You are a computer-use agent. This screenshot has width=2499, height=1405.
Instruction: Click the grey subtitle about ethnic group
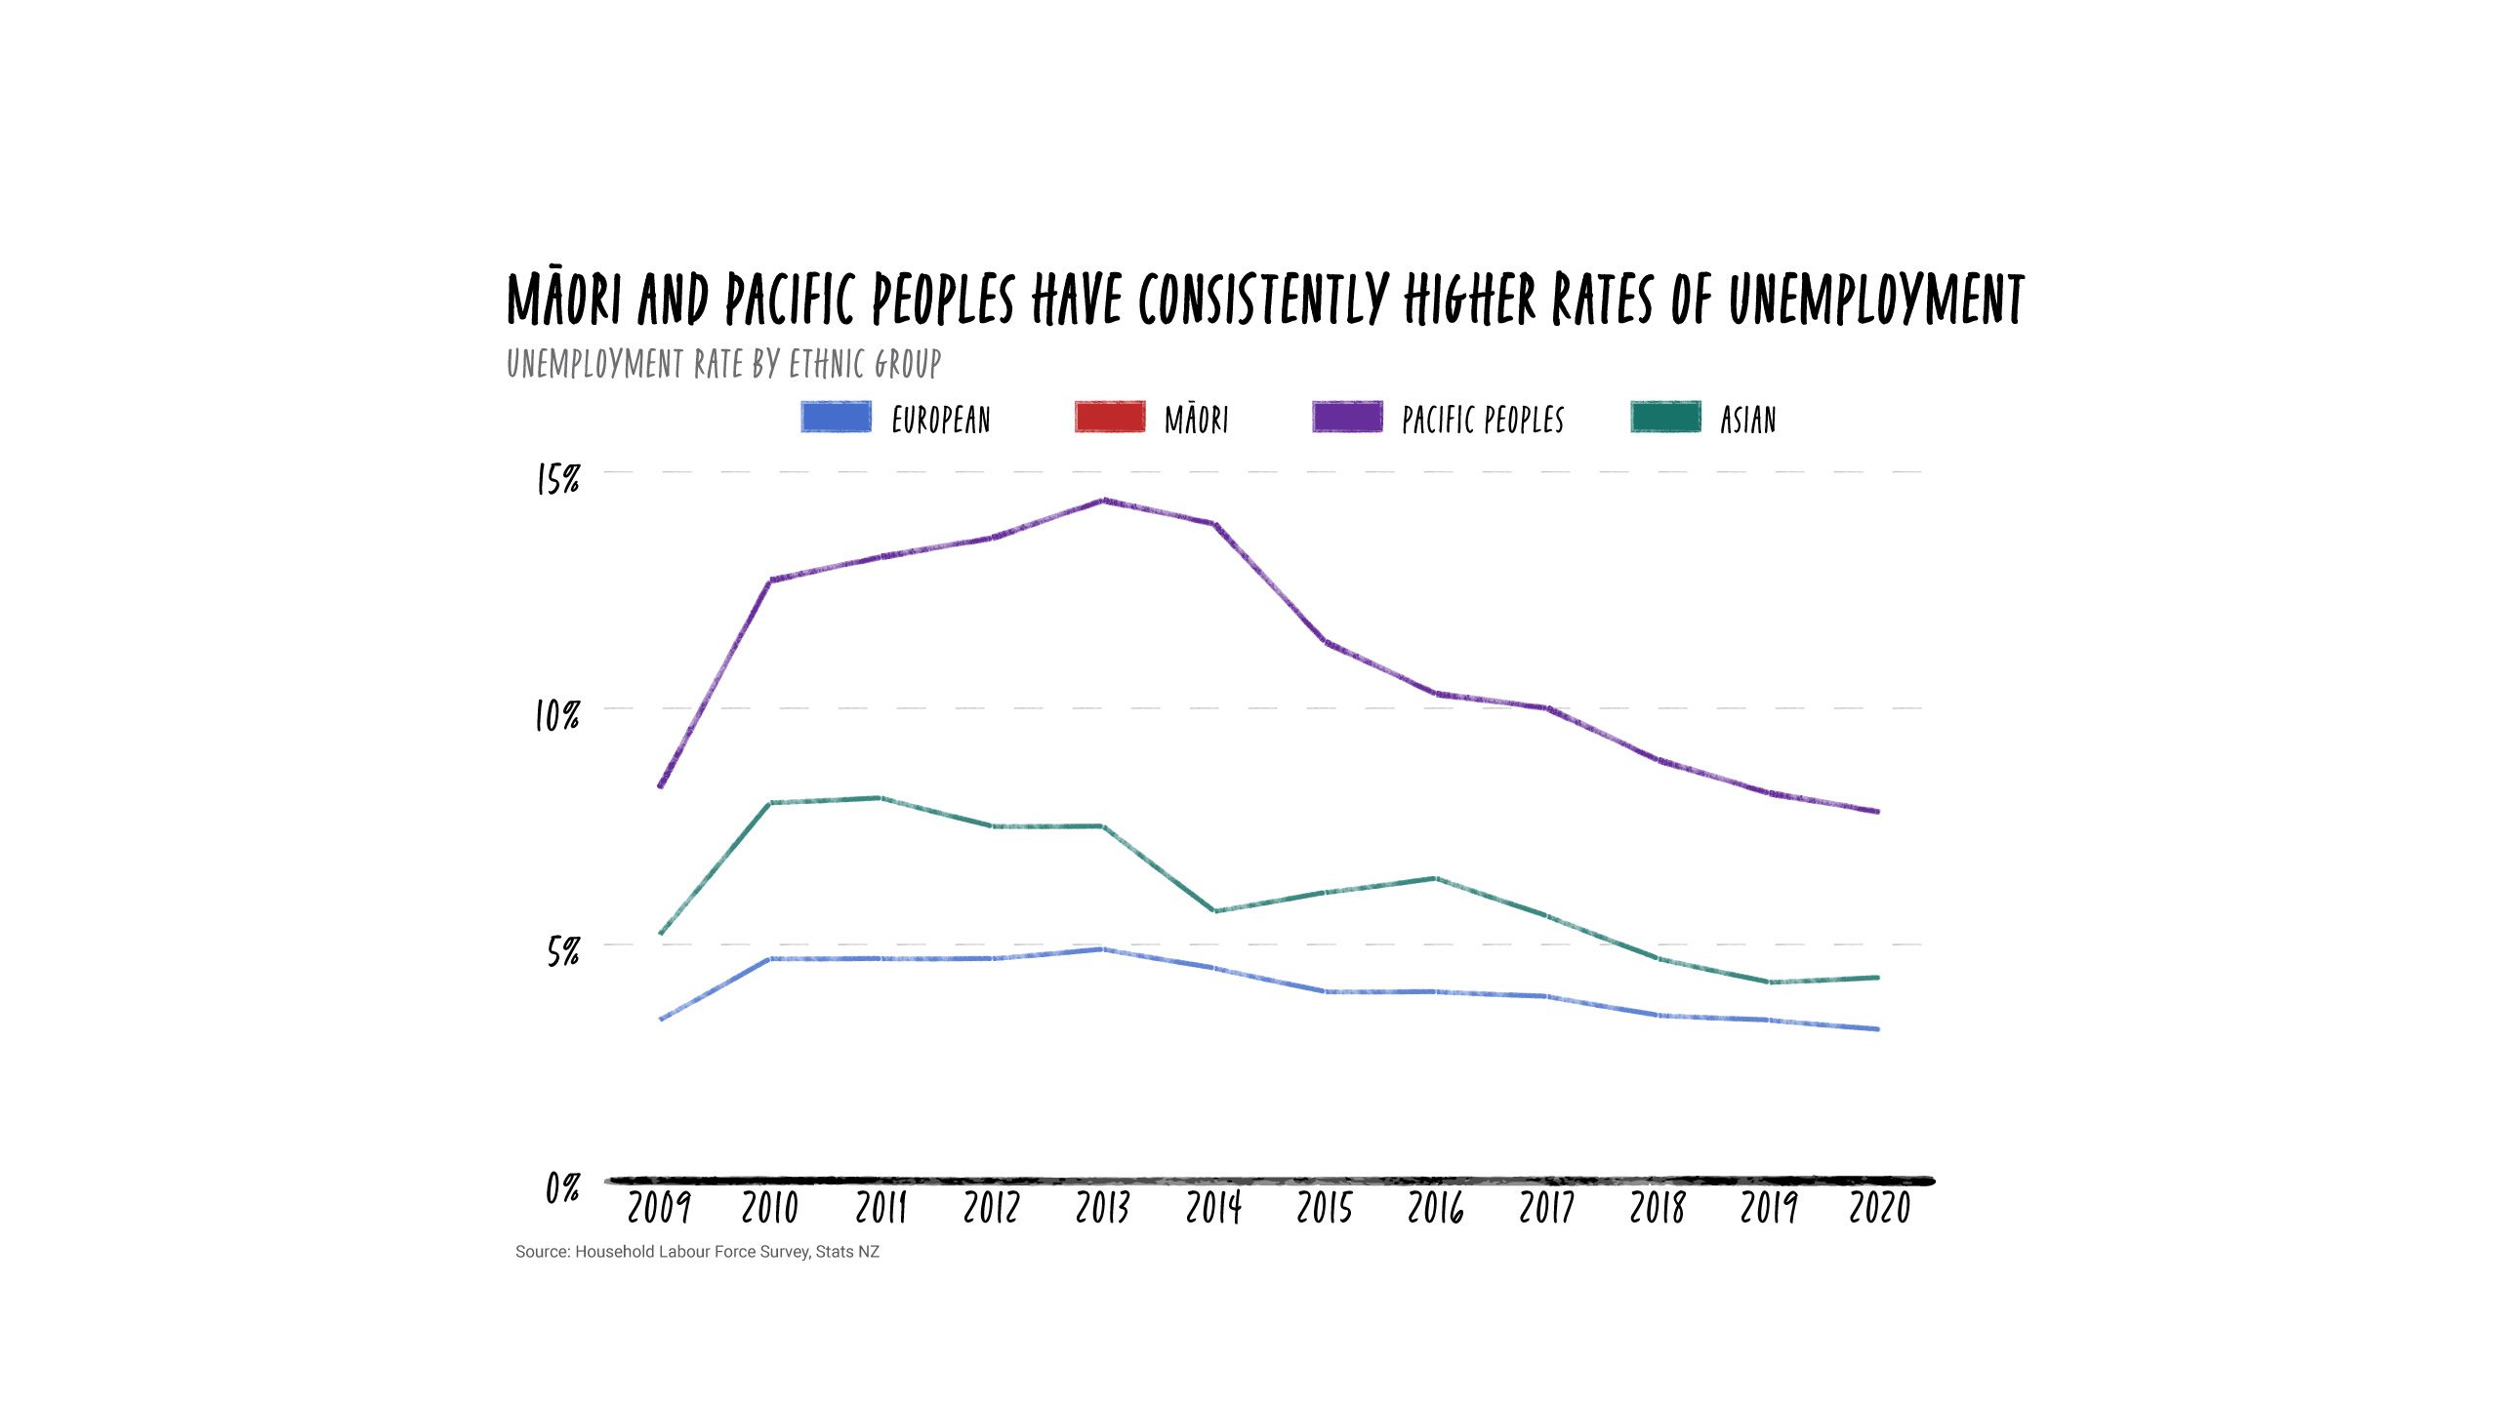point(723,364)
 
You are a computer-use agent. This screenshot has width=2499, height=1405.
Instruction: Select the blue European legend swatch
point(836,417)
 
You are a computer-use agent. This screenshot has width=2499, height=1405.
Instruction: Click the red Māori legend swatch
point(1110,417)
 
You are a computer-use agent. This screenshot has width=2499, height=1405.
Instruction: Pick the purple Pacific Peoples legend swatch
point(1347,417)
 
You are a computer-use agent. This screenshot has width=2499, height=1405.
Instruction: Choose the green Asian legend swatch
point(1665,417)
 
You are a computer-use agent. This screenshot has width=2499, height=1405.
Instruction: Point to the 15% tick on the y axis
point(558,479)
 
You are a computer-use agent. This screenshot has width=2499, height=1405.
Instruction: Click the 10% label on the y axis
point(557,716)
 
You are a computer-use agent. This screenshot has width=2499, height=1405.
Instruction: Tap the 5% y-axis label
point(563,950)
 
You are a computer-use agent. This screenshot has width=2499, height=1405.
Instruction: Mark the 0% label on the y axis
point(563,1187)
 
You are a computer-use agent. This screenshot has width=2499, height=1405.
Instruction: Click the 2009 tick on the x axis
point(659,1208)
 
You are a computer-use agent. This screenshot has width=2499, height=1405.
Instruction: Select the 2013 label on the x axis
point(1103,1208)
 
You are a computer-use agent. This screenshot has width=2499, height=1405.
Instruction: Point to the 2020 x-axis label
point(1880,1208)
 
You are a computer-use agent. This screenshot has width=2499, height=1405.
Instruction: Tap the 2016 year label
point(1436,1208)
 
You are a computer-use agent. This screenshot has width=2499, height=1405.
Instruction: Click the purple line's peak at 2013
point(1104,501)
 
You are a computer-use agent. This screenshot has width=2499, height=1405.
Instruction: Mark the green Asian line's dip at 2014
point(1214,910)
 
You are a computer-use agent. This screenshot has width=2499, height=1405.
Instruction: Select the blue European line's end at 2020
point(1877,1028)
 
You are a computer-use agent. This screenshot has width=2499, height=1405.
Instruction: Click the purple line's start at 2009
point(661,785)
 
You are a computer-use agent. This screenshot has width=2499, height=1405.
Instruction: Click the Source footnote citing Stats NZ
point(697,1252)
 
